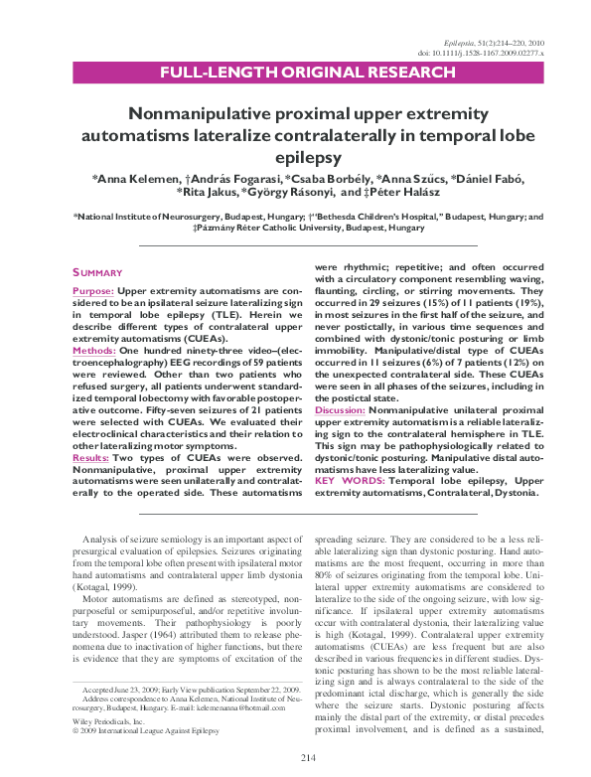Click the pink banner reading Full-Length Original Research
coord(295,73)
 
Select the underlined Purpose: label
coord(93,292)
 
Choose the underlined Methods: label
coord(94,350)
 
